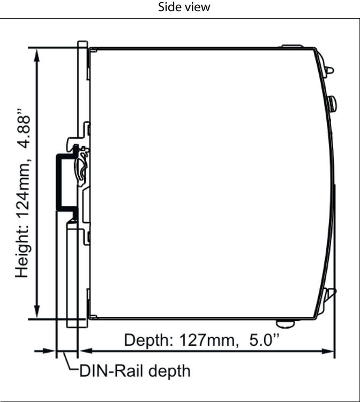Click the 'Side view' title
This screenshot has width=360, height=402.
tap(184, 7)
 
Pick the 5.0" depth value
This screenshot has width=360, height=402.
tap(264, 340)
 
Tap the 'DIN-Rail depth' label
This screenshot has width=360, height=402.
tap(135, 371)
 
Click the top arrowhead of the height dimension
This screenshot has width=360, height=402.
tap(37, 56)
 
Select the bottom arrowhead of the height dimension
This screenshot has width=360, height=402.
tap(37, 311)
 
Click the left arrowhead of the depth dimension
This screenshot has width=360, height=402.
tap(86, 351)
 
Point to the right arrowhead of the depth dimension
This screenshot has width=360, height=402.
tap(328, 351)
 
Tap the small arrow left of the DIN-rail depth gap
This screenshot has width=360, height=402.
tap(45, 351)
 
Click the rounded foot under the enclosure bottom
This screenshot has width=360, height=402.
tap(285, 324)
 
